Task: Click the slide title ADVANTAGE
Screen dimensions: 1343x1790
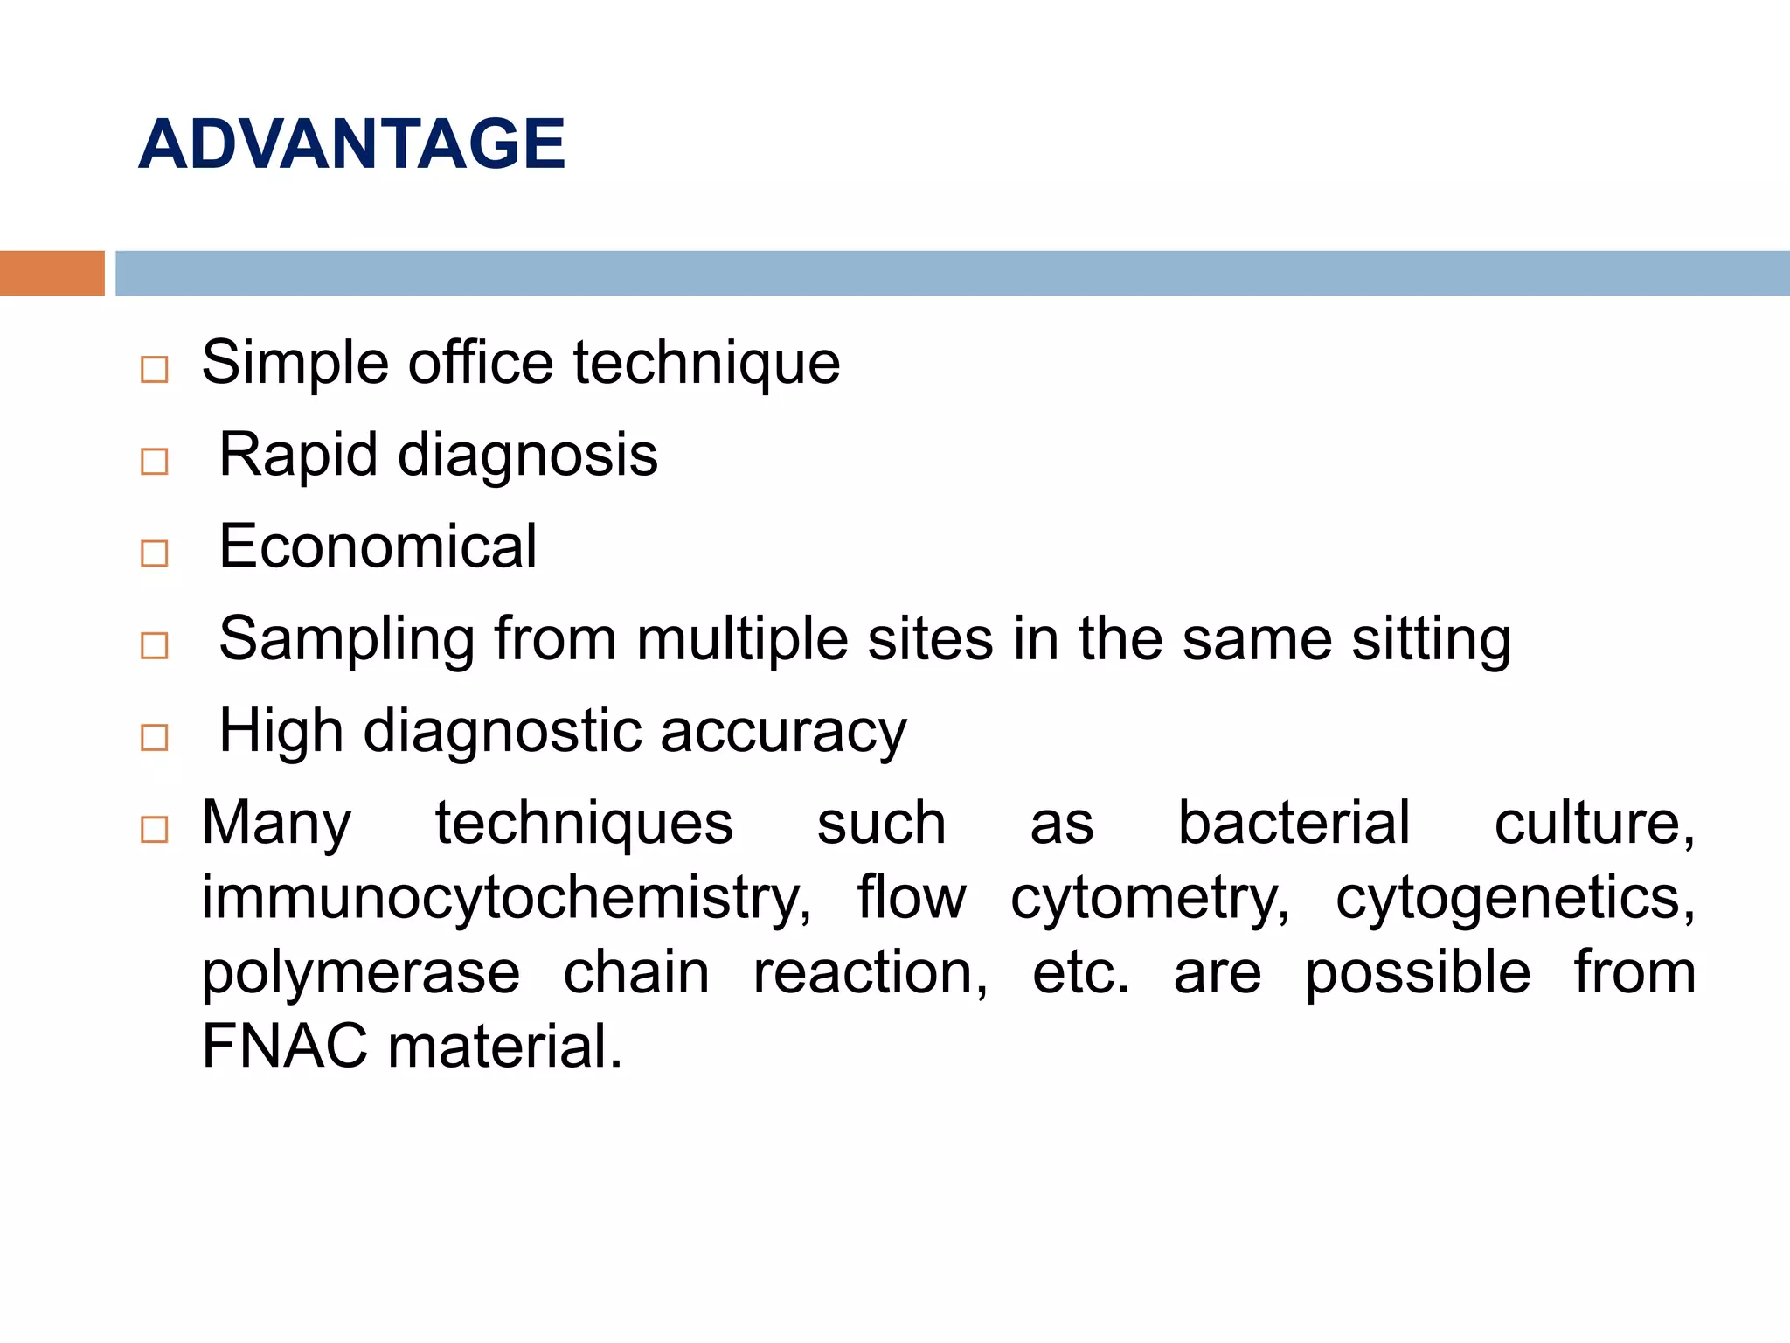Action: [x=351, y=143]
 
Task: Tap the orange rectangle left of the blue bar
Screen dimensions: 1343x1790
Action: [x=52, y=273]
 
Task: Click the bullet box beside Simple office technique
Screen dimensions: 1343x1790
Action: [x=154, y=370]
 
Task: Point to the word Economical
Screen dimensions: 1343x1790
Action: [x=378, y=546]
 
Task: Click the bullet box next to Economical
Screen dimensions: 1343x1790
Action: [x=154, y=553]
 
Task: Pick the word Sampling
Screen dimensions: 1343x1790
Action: [x=346, y=639]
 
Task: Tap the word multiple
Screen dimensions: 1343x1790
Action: [x=742, y=639]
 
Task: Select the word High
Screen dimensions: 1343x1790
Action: [x=281, y=731]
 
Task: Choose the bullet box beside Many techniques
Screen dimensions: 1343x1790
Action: [x=154, y=829]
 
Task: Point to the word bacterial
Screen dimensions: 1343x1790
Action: [x=1294, y=823]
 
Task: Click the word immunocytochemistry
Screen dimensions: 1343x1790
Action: [x=505, y=899]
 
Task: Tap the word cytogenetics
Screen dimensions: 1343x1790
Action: [x=1515, y=899]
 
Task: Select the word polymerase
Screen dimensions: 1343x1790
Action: [x=360, y=974]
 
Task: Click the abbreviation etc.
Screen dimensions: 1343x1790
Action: [x=1080, y=974]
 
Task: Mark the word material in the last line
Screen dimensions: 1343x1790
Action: [x=504, y=1047]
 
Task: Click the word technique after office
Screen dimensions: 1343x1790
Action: [x=706, y=363]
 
